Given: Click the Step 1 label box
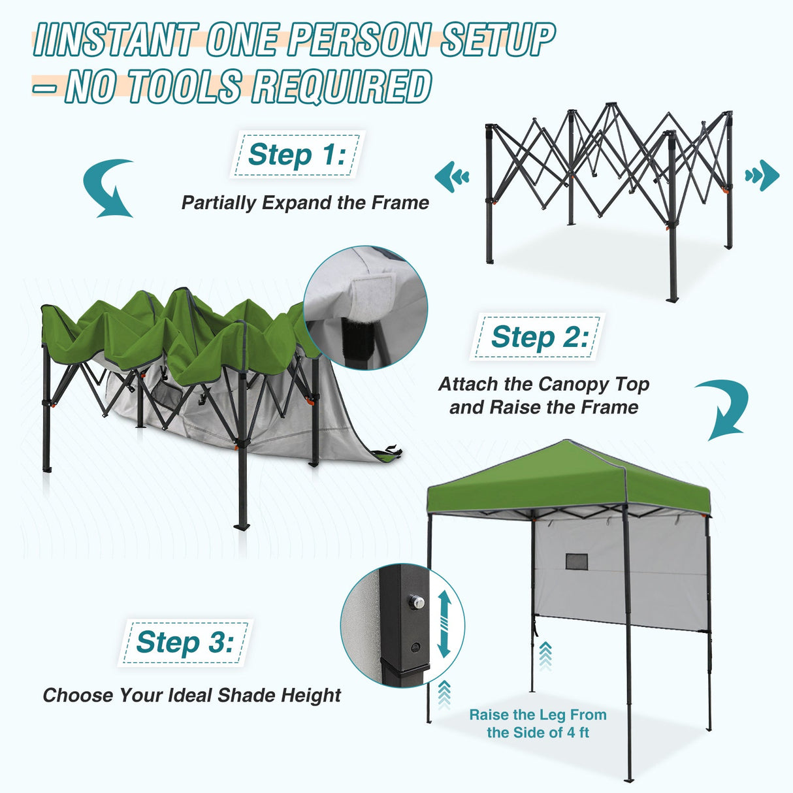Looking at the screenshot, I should tap(297, 155).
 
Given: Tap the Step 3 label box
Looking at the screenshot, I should tap(185, 643).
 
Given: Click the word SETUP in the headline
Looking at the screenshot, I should tap(498, 40).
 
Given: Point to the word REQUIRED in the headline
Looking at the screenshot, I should tap(341, 87).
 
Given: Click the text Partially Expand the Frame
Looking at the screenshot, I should tap(305, 202).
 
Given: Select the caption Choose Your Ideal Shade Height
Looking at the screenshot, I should tap(191, 695).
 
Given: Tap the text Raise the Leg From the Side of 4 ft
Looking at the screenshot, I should tap(538, 724).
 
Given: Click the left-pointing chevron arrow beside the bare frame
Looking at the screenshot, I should tap(452, 176).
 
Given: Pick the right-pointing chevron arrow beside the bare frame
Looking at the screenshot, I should tap(762, 176).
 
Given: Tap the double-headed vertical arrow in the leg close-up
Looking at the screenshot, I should tap(444, 624).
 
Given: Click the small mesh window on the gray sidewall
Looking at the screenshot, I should tap(576, 561).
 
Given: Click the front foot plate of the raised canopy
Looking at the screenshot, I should tap(628, 779).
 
